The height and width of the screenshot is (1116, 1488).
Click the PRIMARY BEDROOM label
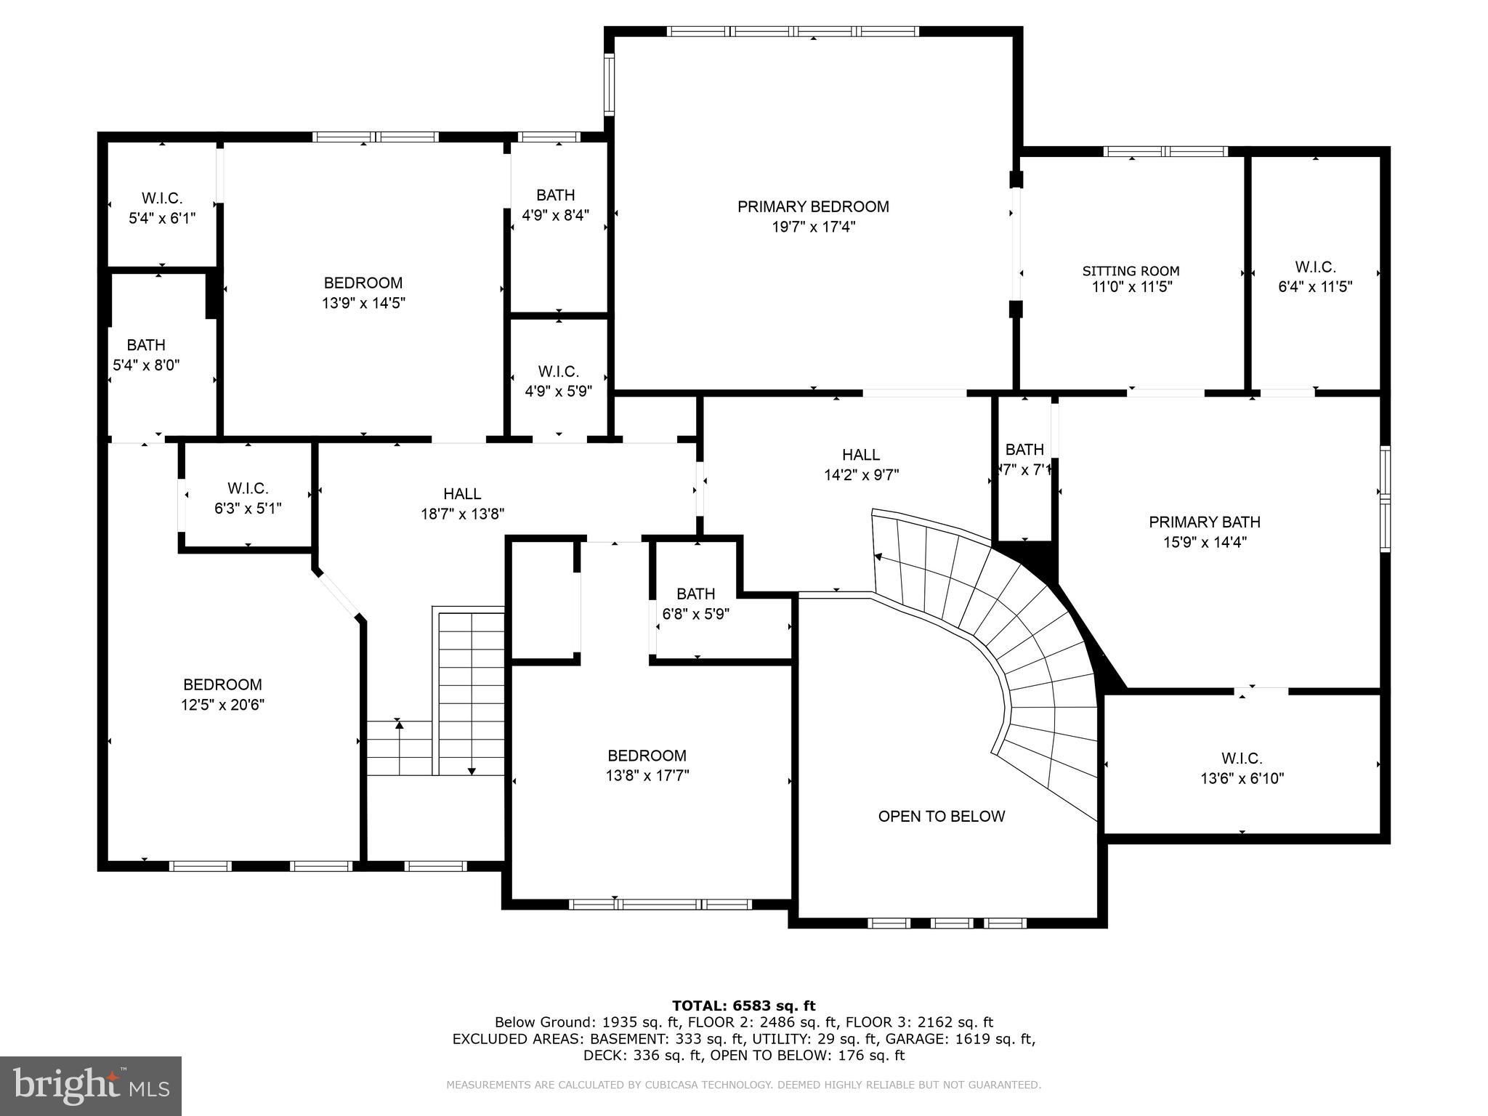813,206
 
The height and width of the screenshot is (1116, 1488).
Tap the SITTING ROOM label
1131,271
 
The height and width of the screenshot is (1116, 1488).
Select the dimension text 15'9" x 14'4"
1204,542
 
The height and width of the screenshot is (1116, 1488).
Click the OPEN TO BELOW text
941,816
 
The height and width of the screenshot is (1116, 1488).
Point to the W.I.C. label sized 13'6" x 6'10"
1241,759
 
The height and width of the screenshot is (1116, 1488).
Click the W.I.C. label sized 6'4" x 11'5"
1314,267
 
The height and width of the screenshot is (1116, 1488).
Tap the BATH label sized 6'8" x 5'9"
695,594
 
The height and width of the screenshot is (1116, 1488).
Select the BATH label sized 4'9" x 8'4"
555,195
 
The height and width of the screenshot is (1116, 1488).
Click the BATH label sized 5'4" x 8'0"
146,344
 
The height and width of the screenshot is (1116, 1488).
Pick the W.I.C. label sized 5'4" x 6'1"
161,198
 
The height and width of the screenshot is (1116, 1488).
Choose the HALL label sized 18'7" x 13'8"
462,493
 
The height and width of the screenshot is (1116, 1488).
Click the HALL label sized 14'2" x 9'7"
861,455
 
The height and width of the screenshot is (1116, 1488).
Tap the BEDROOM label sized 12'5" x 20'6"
222,684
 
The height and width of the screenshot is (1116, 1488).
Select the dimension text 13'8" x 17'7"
647,775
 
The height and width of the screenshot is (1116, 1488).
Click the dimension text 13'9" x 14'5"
363,303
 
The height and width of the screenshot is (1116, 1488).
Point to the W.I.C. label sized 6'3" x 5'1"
248,488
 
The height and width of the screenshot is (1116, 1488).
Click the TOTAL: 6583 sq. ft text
743,1006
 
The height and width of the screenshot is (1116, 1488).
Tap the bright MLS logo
91,1085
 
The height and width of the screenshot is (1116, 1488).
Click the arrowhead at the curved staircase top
878,557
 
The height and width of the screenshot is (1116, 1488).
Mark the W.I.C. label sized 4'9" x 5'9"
558,371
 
